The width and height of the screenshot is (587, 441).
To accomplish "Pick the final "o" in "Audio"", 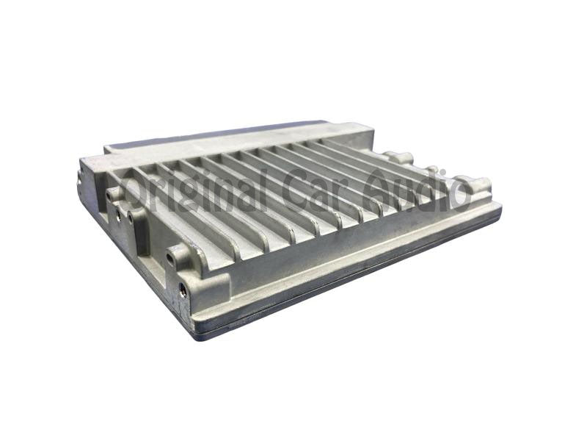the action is [458, 195].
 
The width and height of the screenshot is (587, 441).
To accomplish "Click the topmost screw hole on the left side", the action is [109, 195].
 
